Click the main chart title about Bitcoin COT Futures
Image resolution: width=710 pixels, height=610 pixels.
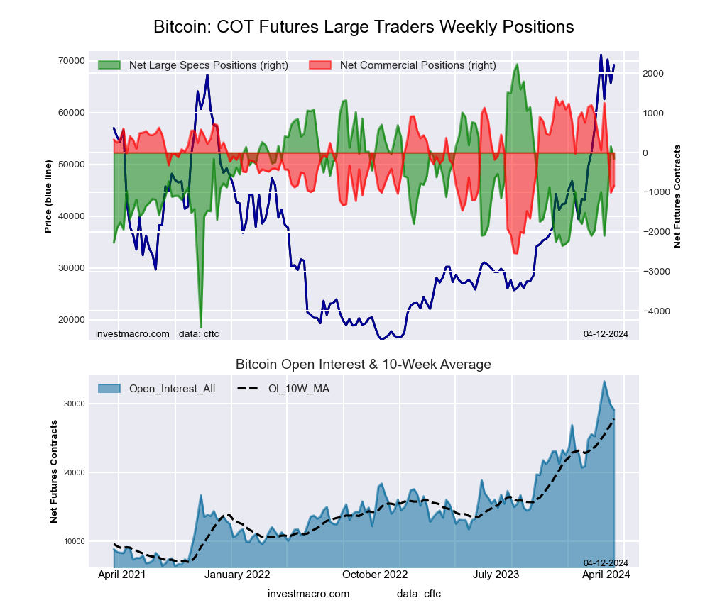[364, 27]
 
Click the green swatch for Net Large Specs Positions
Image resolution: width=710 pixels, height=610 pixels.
[110, 65]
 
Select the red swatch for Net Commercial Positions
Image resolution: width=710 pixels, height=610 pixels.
[322, 65]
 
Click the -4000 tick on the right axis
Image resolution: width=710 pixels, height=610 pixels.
[657, 311]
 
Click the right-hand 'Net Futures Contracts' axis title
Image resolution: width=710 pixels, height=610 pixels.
[677, 196]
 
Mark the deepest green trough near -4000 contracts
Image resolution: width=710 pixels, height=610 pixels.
[201, 327]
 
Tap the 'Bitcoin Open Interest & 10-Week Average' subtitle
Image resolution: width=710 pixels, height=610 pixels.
[364, 365]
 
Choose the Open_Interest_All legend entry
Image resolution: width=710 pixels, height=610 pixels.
[172, 388]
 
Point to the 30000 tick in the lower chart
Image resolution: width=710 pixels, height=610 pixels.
[74, 404]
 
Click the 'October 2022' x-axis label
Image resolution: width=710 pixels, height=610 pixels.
[375, 575]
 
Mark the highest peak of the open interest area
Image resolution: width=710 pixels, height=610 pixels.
[604, 382]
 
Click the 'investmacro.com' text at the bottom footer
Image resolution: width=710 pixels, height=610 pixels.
[309, 594]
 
